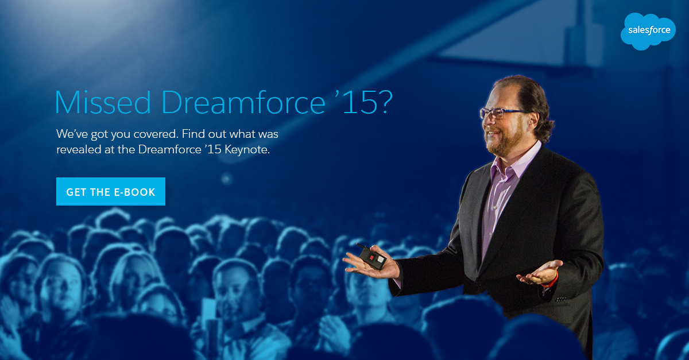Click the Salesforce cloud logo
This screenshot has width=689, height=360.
click(648, 31)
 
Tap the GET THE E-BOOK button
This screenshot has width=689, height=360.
click(111, 191)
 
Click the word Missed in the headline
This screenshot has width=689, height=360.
click(103, 102)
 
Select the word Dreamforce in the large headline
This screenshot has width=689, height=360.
click(243, 102)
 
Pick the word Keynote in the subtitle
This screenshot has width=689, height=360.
click(247, 149)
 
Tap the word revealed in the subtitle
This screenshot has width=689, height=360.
click(79, 149)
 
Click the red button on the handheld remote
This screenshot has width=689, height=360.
click(372, 257)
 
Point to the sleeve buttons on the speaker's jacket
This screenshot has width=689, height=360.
click(561, 299)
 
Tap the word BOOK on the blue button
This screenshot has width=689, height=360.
click(140, 192)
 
